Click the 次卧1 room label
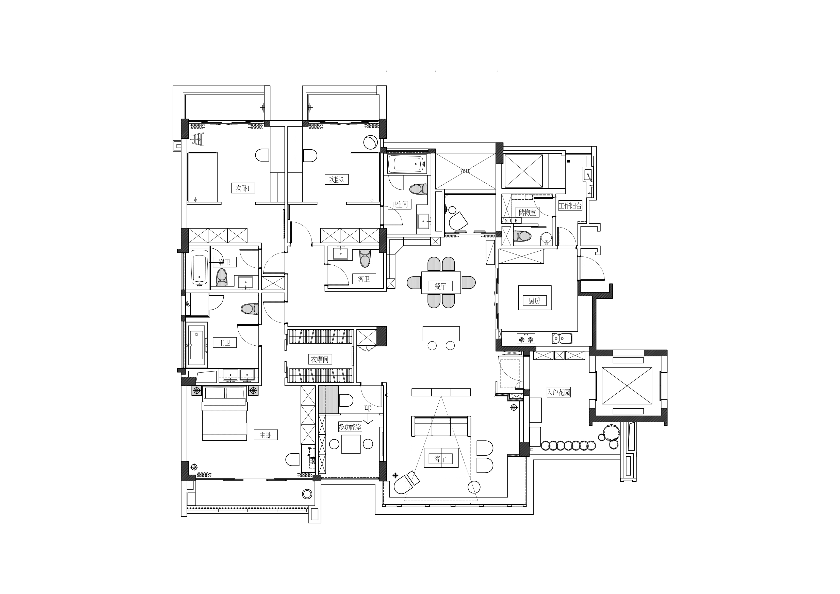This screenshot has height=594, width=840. (x=243, y=188)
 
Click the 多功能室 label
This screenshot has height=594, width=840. (x=350, y=427)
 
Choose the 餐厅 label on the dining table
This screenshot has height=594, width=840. (x=440, y=286)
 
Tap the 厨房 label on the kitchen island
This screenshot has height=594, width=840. (x=534, y=301)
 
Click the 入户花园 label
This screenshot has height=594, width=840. (x=559, y=393)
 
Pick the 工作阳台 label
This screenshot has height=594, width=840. (x=570, y=206)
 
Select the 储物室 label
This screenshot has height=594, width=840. (x=527, y=212)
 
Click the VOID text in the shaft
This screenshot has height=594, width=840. (x=465, y=171)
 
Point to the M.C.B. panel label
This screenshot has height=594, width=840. (x=512, y=221)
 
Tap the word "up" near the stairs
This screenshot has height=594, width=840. (x=368, y=408)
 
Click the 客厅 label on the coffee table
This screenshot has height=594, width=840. (x=440, y=459)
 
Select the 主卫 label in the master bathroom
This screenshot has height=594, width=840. (x=225, y=343)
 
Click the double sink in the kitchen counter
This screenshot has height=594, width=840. (x=562, y=339)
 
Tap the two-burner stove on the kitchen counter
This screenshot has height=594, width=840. (x=526, y=339)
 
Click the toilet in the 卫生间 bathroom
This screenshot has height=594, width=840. (x=419, y=189)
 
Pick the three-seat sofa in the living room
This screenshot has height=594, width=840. (x=441, y=426)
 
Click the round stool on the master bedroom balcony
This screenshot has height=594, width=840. (x=307, y=494)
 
